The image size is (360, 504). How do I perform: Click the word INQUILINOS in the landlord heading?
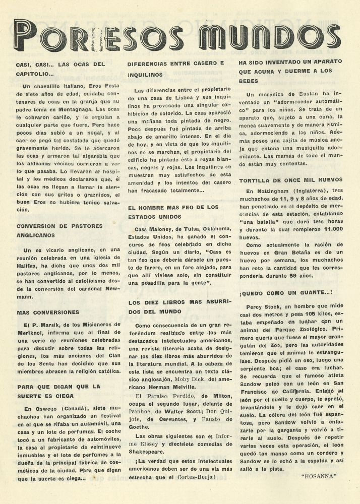pos(145,74)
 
